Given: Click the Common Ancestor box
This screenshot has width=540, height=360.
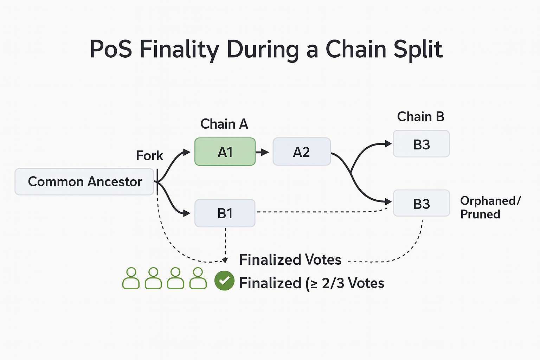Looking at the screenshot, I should tap(84, 182).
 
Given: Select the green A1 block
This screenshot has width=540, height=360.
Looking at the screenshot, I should tap(225, 152).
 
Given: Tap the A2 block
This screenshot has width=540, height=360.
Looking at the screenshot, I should tap(302, 152).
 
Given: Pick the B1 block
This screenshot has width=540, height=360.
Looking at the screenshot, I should tap(225, 213).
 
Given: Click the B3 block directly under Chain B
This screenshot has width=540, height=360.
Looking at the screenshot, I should tap(421, 144).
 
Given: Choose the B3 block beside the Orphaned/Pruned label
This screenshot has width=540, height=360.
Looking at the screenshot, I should tap(421, 204).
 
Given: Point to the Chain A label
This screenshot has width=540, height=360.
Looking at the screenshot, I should tap(224, 124).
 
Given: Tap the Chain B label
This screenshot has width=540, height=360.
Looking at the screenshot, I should tap(420, 117).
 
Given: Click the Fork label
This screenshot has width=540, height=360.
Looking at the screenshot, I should tap(149, 156).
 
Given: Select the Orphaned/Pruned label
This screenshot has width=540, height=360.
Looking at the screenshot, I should tap(490, 207).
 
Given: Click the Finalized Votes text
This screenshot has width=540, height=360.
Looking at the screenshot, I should tap(290, 260).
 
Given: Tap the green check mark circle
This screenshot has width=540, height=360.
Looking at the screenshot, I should tap(224, 281).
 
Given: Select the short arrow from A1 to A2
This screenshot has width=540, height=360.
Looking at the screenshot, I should tap(262, 152).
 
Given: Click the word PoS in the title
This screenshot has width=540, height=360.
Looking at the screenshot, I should tap(111, 49).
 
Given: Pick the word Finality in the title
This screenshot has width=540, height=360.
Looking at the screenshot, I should tap(179, 50).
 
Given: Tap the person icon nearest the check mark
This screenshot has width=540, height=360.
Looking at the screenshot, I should tap(198, 278).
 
